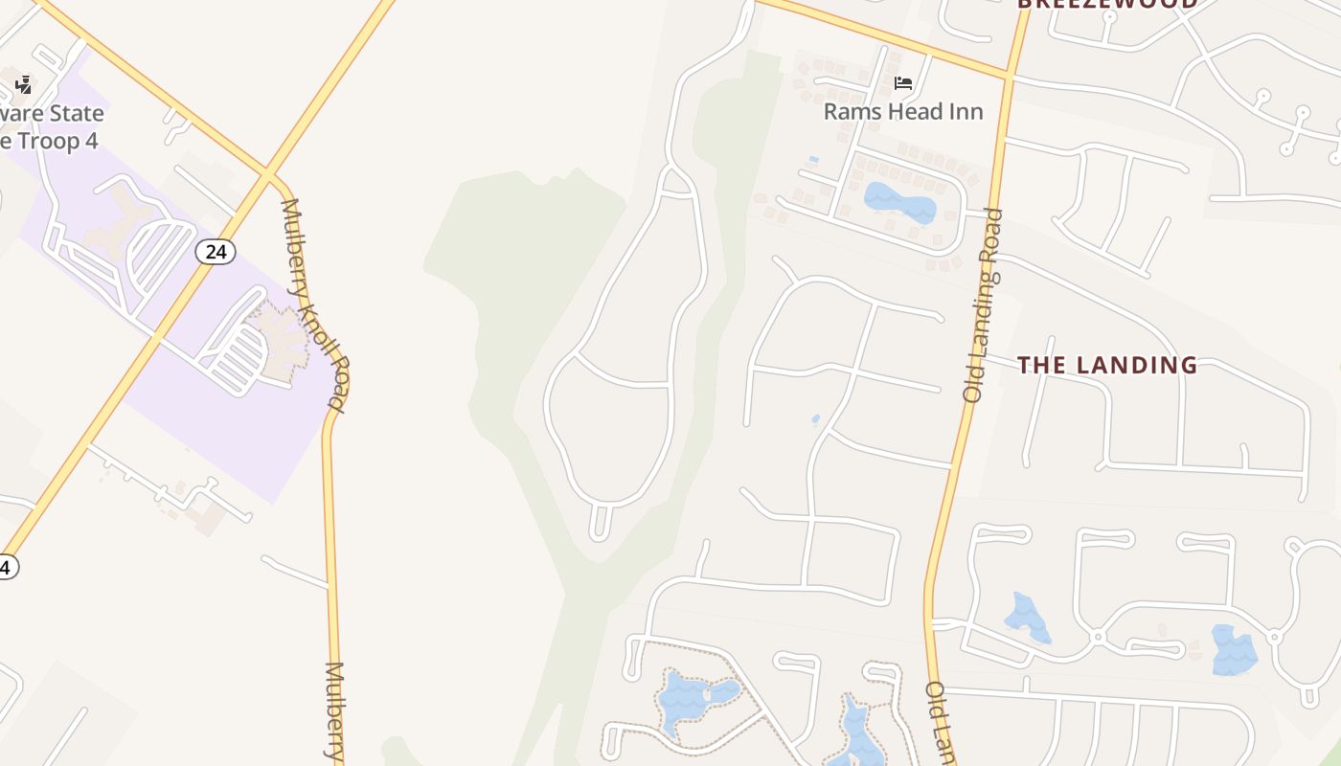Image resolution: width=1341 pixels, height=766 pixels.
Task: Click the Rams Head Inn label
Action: (903, 111)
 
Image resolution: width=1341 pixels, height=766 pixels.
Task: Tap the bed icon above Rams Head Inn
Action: (903, 83)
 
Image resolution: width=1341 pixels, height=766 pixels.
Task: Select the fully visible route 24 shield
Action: (216, 252)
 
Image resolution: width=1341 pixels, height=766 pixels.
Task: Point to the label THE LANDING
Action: (1107, 365)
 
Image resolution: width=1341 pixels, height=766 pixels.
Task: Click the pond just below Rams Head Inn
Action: (899, 202)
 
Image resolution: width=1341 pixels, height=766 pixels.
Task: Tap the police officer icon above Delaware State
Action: (24, 85)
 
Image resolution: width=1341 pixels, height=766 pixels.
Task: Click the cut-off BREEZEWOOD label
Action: (1106, 4)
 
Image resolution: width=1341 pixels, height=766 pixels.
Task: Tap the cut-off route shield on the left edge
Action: (6, 567)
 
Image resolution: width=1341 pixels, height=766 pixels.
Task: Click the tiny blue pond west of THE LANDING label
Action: (815, 418)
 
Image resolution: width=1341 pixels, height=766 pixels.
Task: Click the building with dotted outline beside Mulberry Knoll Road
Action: (283, 340)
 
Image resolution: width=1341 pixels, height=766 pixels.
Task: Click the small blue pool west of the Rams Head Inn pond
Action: (813, 159)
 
